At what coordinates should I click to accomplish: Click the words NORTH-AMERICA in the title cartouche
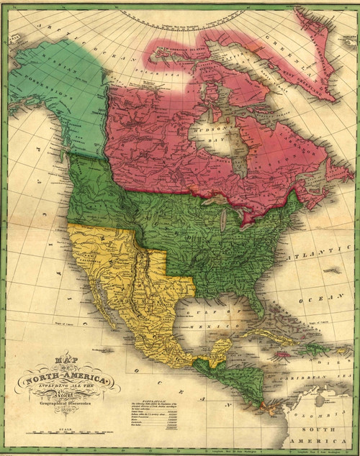[68, 379]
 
